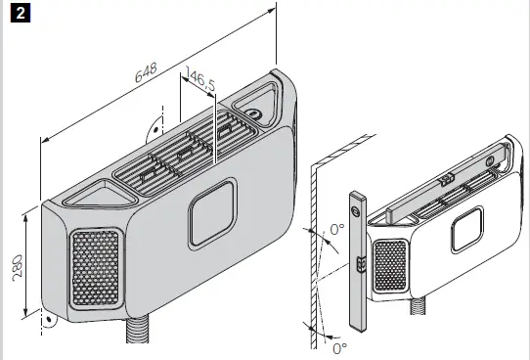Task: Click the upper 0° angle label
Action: coord(337,232)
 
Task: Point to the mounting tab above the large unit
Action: coord(155,128)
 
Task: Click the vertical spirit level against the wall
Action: coord(357,262)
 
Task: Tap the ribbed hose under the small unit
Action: coord(421,308)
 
